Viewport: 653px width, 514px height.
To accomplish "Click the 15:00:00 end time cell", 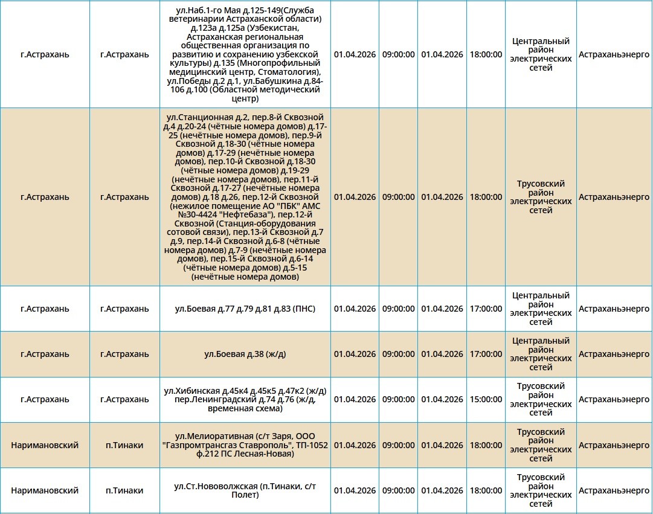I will [x=486, y=399].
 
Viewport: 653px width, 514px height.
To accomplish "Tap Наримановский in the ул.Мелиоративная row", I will [x=45, y=445].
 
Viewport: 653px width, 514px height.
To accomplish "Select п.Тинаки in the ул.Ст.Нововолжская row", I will [x=124, y=490].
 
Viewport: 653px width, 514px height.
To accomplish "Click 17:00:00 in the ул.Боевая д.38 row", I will [x=486, y=354].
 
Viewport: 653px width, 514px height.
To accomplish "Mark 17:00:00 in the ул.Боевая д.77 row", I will [x=486, y=309].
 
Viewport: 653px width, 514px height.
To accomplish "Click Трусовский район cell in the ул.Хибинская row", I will [x=541, y=399].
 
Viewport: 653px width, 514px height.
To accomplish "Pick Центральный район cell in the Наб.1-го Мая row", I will [x=541, y=54].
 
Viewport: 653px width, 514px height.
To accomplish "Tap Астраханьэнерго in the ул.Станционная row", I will [x=614, y=197].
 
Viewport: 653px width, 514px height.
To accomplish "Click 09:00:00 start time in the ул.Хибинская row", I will [x=398, y=399].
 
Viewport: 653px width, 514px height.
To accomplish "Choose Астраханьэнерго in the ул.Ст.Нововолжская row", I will [x=614, y=490].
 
